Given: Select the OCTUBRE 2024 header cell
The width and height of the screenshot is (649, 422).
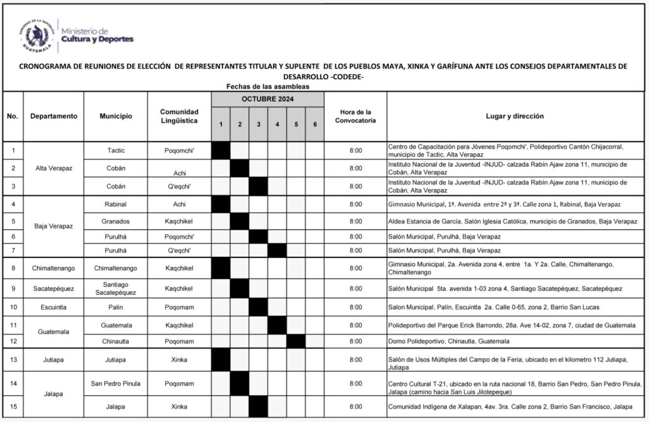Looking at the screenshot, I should [x=267, y=100].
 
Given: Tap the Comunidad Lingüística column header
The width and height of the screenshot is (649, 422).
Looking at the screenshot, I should [x=179, y=116].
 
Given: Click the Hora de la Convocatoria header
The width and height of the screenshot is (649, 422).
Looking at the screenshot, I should [x=356, y=116].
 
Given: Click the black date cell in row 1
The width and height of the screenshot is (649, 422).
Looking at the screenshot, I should [x=221, y=151].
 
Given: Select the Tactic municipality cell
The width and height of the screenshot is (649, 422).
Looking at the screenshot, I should [x=116, y=151].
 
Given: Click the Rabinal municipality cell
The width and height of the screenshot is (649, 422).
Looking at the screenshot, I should [x=116, y=204].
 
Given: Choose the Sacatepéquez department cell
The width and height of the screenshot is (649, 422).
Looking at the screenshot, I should [x=53, y=289].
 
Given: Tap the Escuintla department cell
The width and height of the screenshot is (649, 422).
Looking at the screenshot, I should [x=53, y=307].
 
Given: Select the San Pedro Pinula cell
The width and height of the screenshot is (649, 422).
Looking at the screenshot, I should [x=116, y=383].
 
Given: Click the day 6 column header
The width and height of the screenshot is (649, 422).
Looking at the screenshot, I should [x=315, y=125].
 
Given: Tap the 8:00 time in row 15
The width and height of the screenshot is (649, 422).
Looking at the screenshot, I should [x=356, y=406].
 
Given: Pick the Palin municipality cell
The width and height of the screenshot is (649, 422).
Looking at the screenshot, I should [x=116, y=307].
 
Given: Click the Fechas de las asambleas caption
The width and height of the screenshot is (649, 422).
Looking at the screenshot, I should [x=267, y=86].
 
